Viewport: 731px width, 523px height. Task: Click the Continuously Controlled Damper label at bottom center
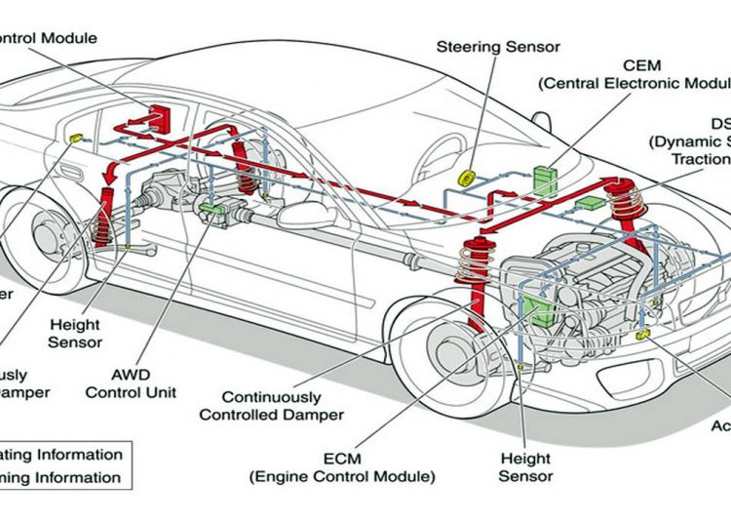(272, 406)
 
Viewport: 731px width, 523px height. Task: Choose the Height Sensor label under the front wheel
(526, 466)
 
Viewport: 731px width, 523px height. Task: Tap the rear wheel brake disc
(45, 238)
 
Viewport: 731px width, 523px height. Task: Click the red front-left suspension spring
(475, 267)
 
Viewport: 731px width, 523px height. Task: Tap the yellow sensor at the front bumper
(642, 336)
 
